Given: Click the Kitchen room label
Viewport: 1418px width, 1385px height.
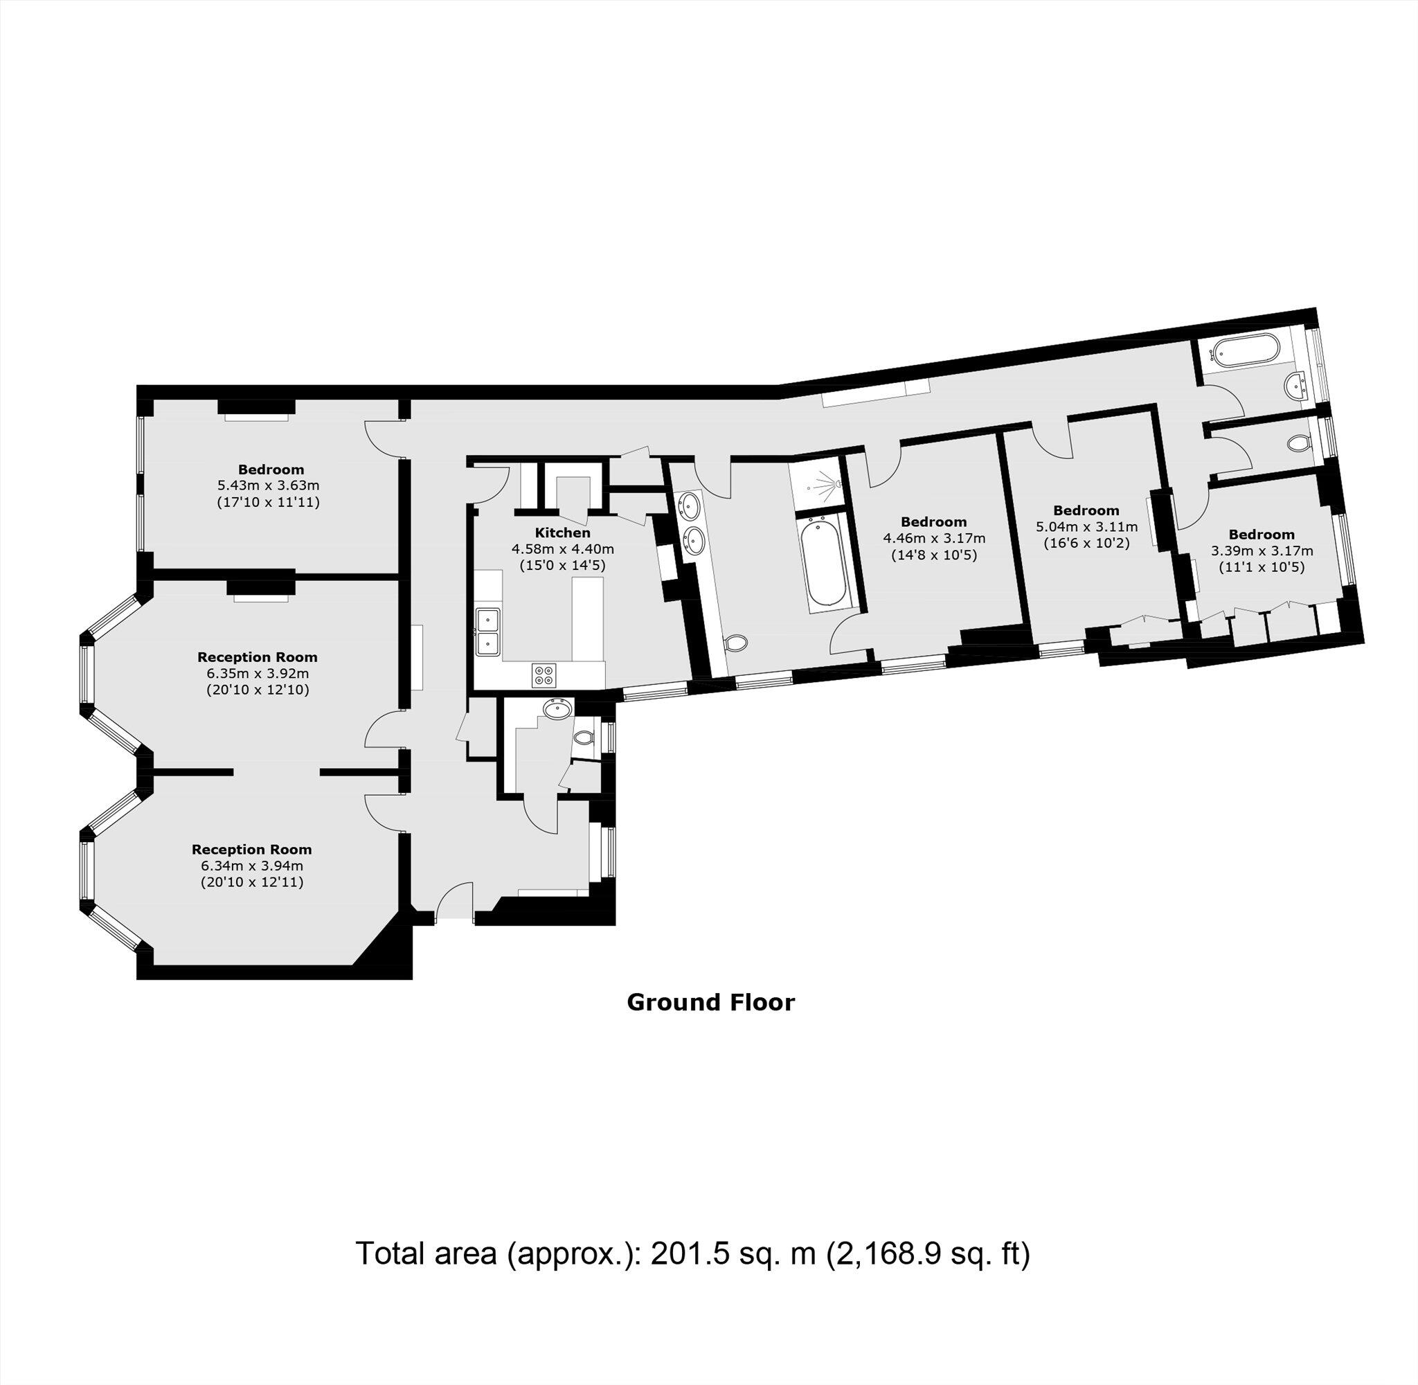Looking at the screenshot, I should click(562, 533).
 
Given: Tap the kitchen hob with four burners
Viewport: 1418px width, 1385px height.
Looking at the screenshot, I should click(542, 676).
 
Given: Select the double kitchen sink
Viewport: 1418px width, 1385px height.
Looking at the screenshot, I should click(487, 631).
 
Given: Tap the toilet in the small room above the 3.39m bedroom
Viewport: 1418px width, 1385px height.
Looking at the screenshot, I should click(1297, 443).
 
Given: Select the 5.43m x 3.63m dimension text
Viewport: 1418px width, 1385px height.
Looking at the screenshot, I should click(269, 485).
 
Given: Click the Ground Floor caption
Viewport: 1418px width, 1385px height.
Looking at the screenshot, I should click(710, 1002).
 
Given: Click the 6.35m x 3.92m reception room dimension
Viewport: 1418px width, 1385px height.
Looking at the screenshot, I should click(258, 673).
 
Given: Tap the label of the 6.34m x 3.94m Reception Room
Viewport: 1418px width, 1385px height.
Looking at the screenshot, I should click(251, 849).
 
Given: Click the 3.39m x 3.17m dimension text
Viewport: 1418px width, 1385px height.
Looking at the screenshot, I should click(1262, 551).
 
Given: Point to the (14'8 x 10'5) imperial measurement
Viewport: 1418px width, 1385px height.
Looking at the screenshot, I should click(934, 555).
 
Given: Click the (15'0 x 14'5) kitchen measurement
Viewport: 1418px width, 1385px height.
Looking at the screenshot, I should click(562, 564).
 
